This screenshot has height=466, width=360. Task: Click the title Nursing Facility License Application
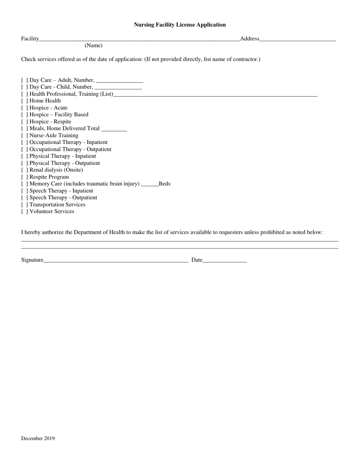[180, 25]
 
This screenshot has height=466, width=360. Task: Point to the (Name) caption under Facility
[93, 45]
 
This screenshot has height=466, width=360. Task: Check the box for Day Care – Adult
[24, 80]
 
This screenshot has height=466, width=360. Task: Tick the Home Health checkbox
[24, 101]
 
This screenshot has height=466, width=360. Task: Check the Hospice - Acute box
[24, 108]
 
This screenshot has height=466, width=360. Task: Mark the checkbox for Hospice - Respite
[24, 122]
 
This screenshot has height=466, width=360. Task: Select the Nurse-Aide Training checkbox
[24, 136]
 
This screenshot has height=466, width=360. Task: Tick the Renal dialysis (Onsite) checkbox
[24, 170]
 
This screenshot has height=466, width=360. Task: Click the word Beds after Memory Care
[164, 184]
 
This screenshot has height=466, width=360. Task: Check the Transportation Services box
[24, 205]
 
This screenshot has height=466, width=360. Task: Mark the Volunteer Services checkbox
[24, 212]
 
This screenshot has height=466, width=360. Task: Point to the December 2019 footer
[38, 439]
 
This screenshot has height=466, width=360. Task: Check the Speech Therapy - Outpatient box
[24, 198]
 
